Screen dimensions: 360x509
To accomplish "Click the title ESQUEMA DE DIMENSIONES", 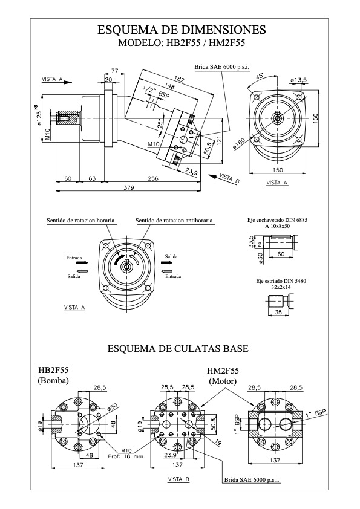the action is (182, 30).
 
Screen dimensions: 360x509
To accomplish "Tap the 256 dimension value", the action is (152, 178).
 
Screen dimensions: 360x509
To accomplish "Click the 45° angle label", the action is (260, 77).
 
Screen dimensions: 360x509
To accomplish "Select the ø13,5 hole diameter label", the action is (299, 80).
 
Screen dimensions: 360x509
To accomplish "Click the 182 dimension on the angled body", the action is (178, 79).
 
